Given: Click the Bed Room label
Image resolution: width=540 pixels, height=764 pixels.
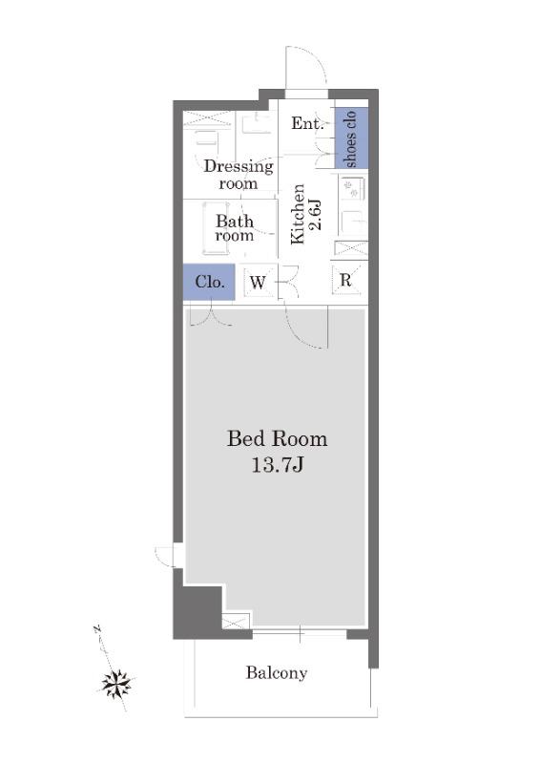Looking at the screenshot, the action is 277,438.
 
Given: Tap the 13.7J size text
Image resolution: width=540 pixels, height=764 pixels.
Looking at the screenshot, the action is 278,465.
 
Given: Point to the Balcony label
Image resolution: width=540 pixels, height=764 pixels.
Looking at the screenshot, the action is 277,673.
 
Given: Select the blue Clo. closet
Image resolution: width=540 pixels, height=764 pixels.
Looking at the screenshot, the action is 209,282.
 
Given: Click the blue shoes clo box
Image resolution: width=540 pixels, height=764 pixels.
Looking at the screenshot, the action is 351,138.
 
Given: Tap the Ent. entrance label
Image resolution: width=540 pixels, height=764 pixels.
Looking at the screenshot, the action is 307,123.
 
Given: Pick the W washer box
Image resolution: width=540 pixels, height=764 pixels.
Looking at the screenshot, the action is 258,282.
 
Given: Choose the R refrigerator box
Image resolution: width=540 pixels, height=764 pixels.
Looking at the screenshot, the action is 345,280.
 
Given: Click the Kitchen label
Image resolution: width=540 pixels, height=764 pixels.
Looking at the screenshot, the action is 298,214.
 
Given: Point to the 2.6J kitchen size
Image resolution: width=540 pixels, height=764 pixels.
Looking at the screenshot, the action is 315,214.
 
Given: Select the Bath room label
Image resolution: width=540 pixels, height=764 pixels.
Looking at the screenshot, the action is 235,228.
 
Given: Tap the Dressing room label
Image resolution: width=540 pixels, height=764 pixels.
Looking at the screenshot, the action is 239,175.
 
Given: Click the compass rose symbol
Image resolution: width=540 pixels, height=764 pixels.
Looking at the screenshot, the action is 116,683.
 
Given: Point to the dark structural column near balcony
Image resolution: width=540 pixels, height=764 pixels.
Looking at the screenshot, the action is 198,611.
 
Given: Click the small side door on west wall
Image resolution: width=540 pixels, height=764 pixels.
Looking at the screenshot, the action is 166,557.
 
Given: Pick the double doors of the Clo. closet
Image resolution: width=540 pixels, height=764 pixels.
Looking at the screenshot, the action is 211,314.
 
